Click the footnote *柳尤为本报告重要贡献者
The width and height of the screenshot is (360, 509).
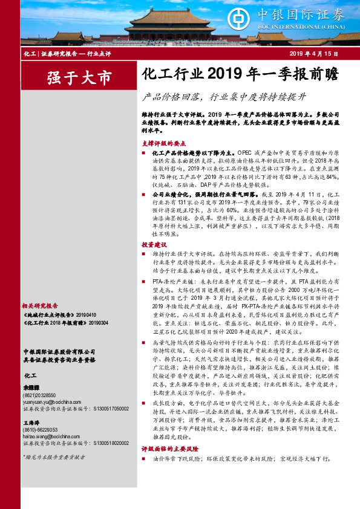coord(51,473)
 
